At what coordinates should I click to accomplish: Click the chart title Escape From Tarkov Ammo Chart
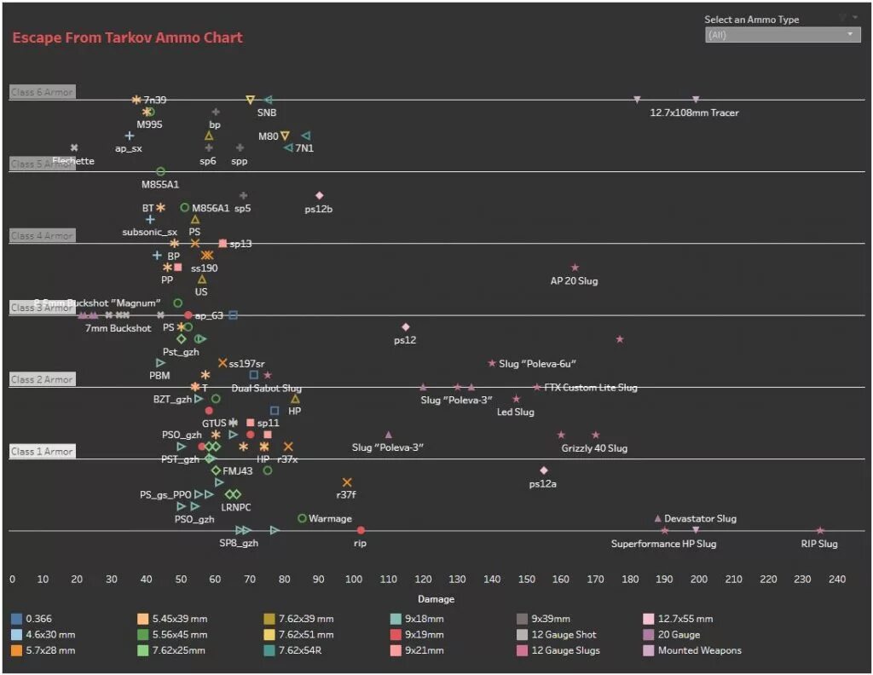127,37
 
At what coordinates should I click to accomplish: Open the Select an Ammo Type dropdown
783,35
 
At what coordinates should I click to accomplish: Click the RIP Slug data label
818,544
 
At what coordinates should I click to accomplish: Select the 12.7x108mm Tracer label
694,112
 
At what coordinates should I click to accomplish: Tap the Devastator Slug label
700,518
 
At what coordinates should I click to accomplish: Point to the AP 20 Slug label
574,280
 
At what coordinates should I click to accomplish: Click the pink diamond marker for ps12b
320,196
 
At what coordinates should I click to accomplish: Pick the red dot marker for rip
361,531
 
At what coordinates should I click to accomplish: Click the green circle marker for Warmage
302,518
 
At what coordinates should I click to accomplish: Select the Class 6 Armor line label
43,92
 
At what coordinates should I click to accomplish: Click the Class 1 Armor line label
43,452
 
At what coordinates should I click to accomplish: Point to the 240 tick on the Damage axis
837,580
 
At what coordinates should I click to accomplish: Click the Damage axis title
436,598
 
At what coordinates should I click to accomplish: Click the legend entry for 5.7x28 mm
49,650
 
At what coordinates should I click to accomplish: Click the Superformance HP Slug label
663,544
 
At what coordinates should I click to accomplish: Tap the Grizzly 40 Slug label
594,448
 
